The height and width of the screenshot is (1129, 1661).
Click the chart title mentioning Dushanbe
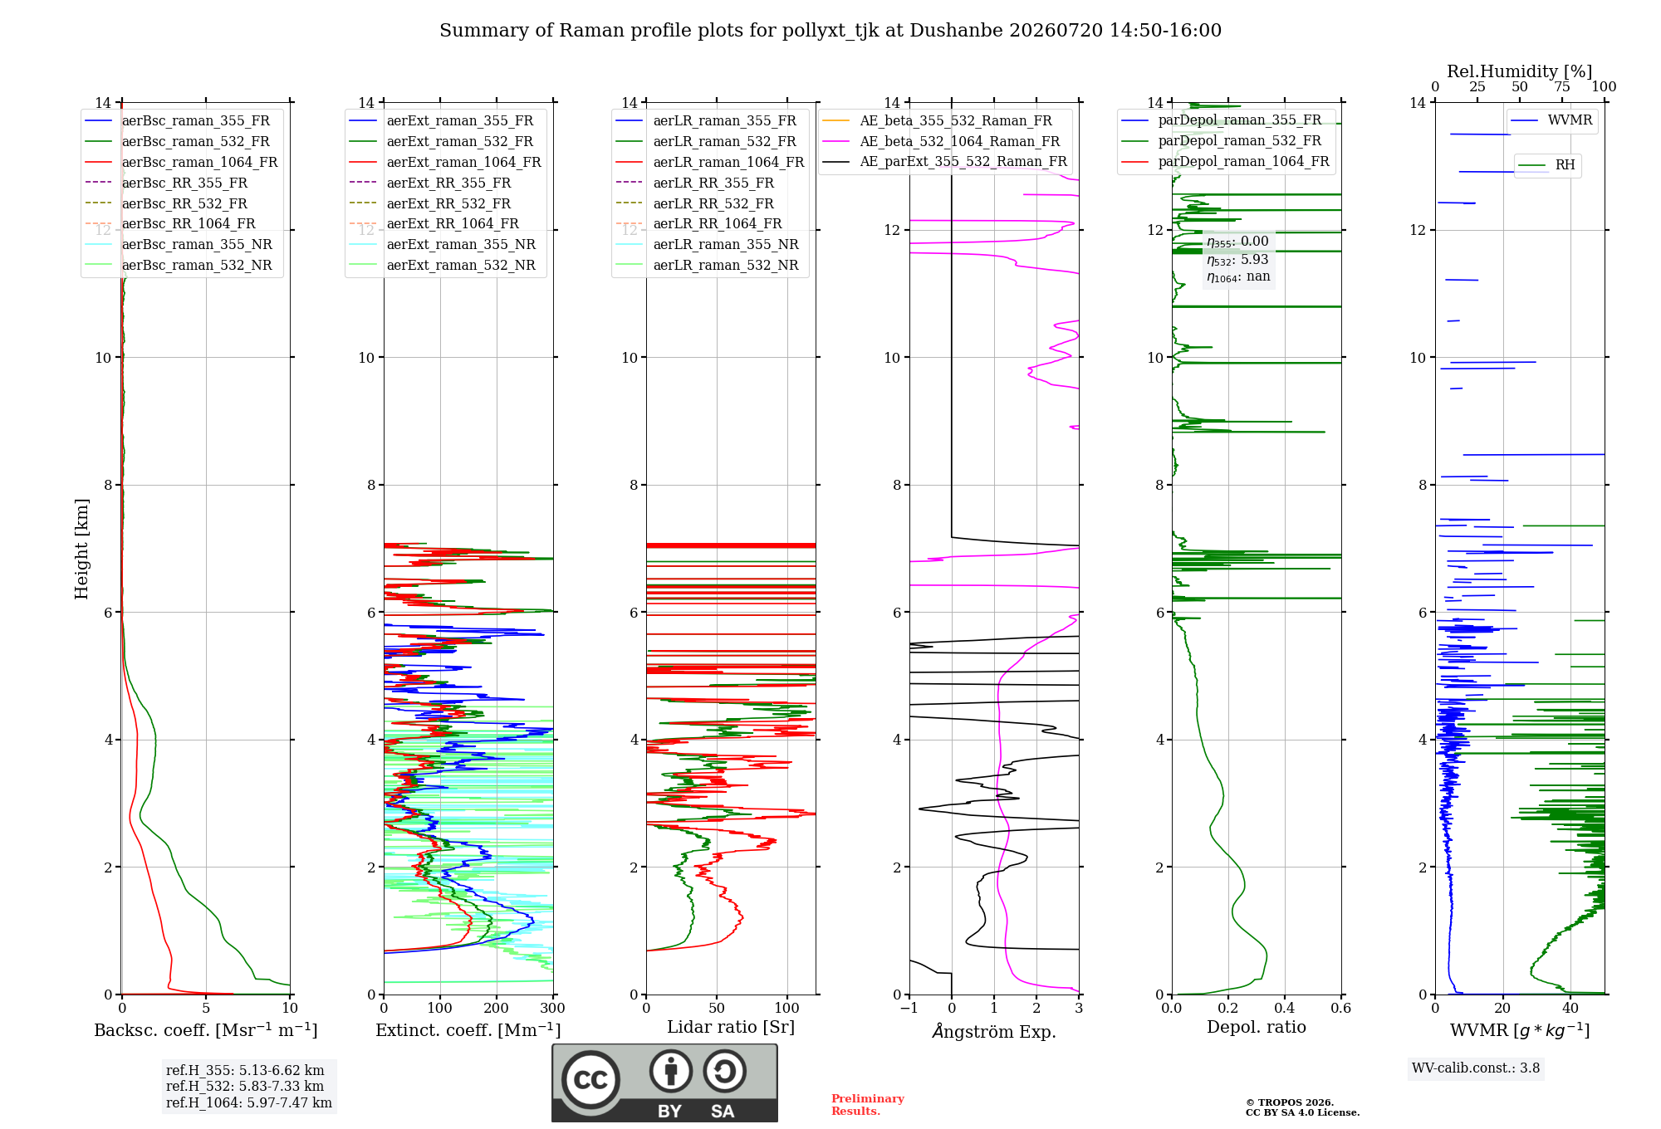click(830, 31)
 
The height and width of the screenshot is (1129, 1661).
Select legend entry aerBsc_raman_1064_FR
click(181, 162)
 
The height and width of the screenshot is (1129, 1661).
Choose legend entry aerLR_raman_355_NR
click(707, 244)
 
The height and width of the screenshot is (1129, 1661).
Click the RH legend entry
click(1546, 165)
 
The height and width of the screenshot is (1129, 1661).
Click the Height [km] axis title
click(81, 548)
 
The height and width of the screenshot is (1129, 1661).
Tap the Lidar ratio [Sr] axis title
click(731, 1027)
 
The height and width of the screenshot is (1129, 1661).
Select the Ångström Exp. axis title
click(994, 1031)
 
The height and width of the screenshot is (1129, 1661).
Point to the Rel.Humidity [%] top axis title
click(1520, 71)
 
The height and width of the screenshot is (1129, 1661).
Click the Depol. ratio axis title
click(1257, 1027)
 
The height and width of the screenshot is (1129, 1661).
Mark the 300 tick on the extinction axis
click(553, 1008)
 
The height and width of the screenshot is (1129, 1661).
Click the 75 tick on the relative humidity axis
click(1562, 86)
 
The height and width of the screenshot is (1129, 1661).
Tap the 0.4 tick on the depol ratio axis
click(1285, 1008)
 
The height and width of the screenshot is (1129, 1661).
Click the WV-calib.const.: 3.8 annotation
click(1476, 1068)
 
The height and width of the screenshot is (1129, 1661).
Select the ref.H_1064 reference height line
click(249, 1102)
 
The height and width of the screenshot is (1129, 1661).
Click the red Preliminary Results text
click(868, 1105)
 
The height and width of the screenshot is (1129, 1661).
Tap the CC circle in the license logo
click(590, 1080)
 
